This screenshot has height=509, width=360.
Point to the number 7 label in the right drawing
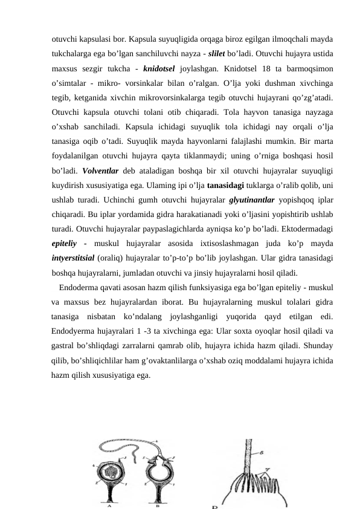(266, 468)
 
